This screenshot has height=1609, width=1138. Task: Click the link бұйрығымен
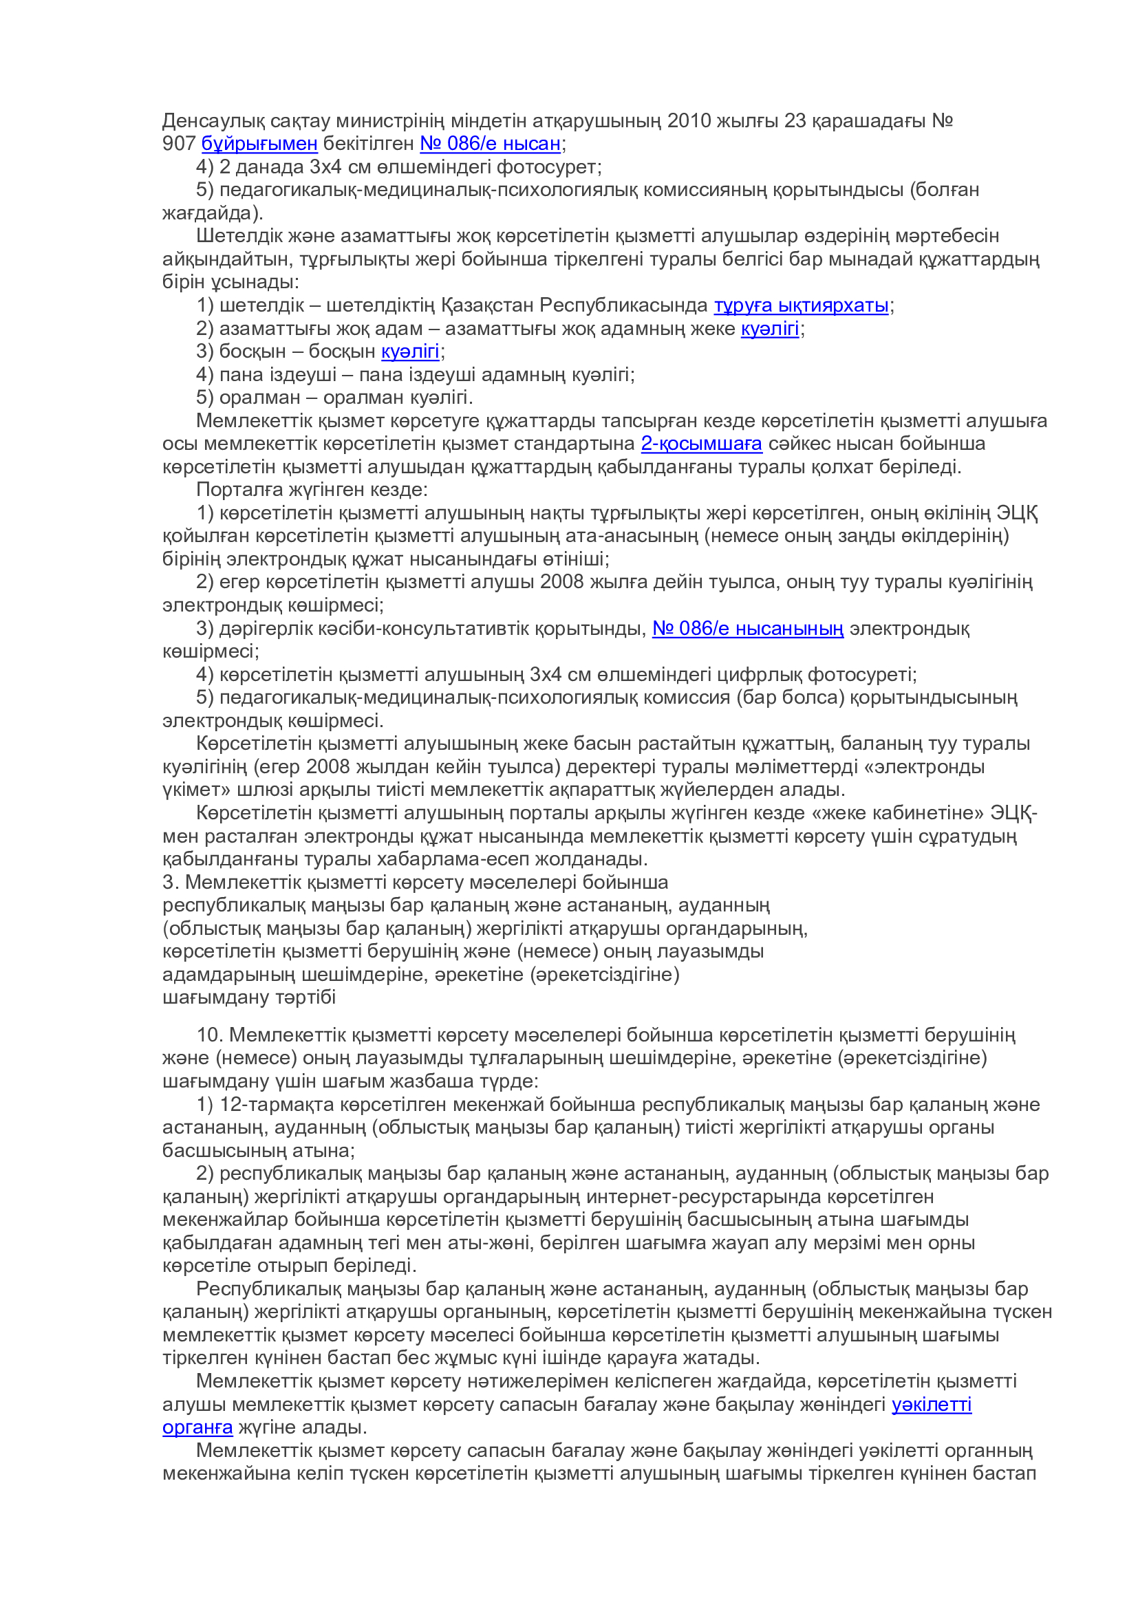tap(259, 144)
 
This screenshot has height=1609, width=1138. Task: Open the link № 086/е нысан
tap(490, 144)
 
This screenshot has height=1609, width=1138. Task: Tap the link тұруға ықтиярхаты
tap(801, 305)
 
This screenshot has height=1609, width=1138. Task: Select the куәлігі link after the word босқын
tap(410, 351)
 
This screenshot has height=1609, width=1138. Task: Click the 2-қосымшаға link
tap(700, 444)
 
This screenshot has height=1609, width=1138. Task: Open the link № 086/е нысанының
tap(748, 629)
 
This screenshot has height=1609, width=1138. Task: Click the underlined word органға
tap(197, 1427)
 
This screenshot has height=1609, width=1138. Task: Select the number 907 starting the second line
tap(179, 144)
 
